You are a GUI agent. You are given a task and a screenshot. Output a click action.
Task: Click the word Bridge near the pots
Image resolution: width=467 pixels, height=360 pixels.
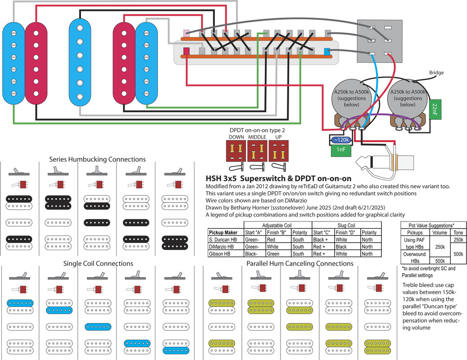[436, 72]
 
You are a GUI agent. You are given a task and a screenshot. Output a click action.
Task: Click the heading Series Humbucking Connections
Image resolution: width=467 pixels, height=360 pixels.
[97, 159]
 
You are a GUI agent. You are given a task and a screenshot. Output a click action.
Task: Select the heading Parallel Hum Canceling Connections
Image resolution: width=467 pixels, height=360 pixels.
[300, 263]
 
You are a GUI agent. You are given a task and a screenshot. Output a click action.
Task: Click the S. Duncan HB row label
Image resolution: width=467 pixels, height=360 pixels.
[225, 239]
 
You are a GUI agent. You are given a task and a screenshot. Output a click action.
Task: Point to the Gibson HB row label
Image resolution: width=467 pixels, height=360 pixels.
[222, 253]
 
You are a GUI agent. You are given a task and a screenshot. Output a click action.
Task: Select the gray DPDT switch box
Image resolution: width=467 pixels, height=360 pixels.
[378, 41]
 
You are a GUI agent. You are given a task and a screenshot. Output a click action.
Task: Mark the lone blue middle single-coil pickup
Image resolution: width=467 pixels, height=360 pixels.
[80, 58]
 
